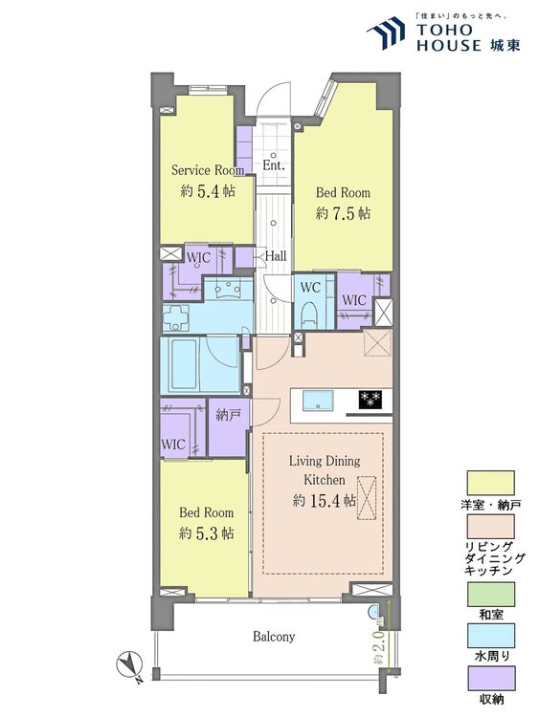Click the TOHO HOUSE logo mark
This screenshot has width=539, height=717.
click(386, 32)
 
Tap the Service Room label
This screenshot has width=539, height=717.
click(208, 170)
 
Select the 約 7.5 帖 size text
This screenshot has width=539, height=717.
click(343, 213)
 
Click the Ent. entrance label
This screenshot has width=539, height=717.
click(274, 165)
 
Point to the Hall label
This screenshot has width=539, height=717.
click(276, 256)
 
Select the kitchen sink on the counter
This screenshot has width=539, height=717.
click(318, 401)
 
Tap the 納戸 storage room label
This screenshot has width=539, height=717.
click(228, 415)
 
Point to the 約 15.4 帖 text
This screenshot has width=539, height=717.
click(325, 501)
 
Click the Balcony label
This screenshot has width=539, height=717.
click(274, 637)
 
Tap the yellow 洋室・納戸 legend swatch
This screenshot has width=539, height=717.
click(490, 483)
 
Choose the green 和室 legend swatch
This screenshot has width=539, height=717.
click(490, 594)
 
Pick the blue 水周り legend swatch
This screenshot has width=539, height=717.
click(490, 636)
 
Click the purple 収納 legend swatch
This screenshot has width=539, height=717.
click(490, 678)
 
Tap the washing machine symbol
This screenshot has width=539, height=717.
click(176, 316)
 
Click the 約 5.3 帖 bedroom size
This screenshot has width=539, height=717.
click(207, 533)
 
